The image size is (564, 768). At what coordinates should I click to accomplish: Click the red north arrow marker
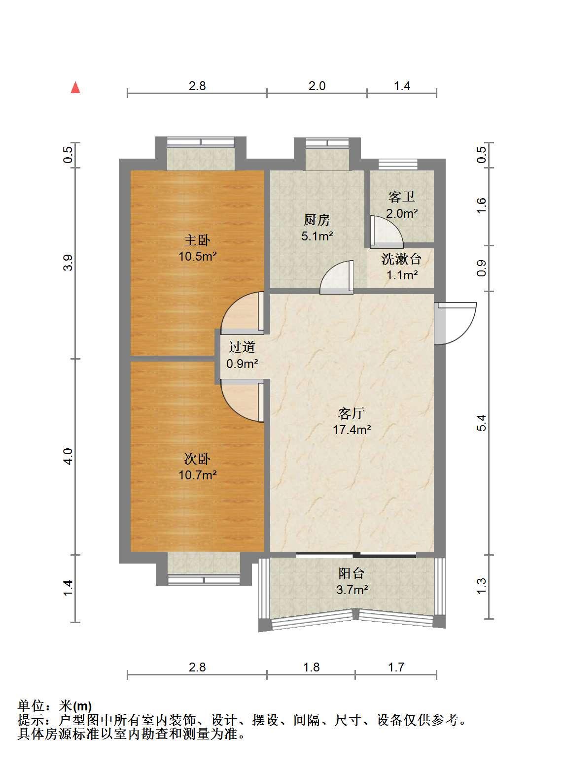75,87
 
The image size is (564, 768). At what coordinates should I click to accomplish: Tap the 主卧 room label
197,240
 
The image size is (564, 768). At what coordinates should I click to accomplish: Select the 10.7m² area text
197,475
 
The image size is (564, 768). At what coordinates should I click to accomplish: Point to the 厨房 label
317,220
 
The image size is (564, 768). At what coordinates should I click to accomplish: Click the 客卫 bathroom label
402,197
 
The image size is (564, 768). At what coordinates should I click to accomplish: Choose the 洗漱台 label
401,259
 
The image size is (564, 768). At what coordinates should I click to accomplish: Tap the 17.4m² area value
352,430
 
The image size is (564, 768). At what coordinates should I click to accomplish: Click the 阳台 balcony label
352,573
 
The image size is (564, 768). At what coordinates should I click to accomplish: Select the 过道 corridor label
242,347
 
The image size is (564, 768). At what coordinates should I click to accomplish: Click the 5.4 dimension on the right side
482,423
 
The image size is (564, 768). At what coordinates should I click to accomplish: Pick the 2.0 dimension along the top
317,86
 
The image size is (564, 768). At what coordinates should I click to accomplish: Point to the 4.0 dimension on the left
69,457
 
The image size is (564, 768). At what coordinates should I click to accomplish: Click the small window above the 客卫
398,164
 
